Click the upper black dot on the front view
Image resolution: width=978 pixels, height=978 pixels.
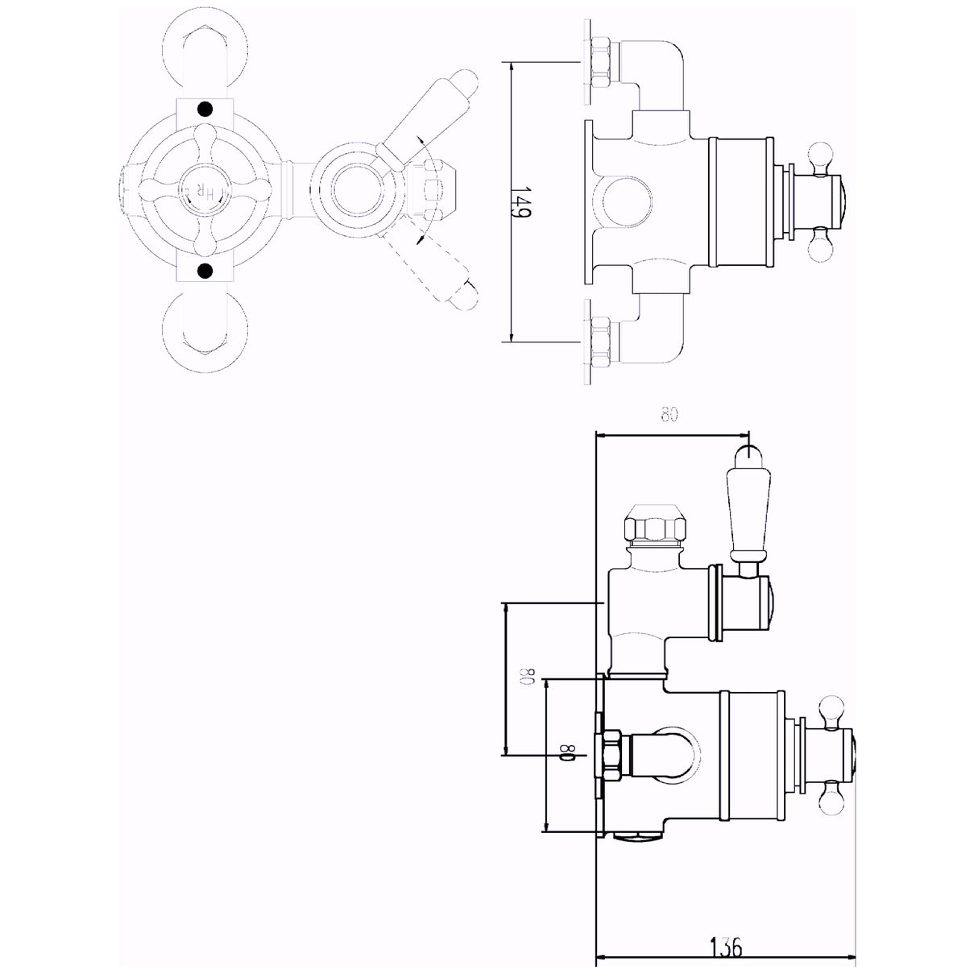click(x=205, y=110)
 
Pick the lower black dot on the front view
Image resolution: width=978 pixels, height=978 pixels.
click(x=205, y=269)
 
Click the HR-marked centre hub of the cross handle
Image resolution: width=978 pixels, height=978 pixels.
click(x=198, y=191)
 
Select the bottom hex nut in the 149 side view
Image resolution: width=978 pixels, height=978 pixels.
click(x=599, y=339)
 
